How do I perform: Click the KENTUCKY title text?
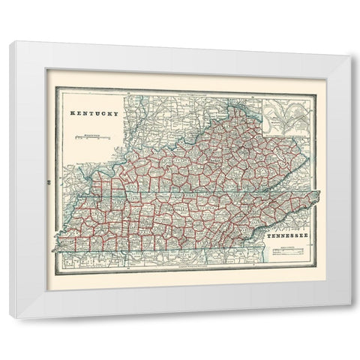94,113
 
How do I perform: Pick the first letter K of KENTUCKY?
72,113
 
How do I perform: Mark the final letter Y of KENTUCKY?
117,113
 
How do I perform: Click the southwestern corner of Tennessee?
52,252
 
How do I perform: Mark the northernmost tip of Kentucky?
238,107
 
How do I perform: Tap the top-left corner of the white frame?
11,42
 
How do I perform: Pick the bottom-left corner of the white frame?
10,318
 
